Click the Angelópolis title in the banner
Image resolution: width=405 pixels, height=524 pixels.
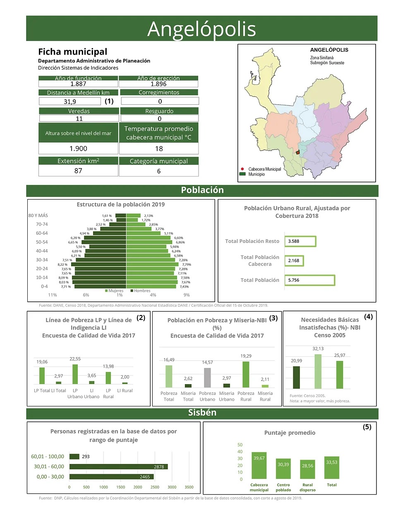point(201,29)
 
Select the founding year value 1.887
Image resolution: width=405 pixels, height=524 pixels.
point(78,84)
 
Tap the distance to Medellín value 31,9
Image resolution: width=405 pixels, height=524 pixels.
point(70,101)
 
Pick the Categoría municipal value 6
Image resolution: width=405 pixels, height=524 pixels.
point(159,171)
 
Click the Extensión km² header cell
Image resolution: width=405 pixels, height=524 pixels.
point(78,161)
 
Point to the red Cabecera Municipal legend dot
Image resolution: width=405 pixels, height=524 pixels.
point(242,169)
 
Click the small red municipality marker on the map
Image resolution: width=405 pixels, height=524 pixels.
point(297,152)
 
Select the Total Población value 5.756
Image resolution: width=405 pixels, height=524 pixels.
point(309,280)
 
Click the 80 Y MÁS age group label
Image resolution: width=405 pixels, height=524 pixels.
point(38,215)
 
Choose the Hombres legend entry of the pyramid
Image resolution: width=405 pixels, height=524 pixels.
point(140,291)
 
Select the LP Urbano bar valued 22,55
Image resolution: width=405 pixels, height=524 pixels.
point(75,374)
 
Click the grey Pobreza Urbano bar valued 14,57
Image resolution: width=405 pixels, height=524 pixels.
point(207,377)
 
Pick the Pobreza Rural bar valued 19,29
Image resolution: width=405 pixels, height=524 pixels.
point(246,374)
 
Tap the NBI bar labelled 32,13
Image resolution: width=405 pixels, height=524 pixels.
point(318,371)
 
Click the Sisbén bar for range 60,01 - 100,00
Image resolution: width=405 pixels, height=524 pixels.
point(74,457)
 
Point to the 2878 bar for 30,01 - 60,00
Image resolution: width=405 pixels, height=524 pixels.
point(118,466)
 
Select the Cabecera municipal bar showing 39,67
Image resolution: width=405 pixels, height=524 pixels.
point(259,466)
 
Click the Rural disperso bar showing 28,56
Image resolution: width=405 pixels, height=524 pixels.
point(307,469)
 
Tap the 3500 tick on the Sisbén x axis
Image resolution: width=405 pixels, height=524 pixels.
point(189,487)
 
